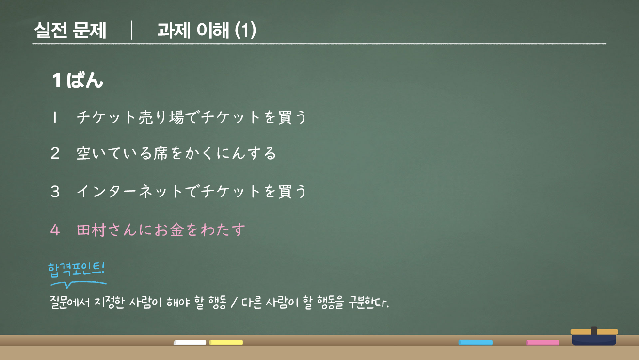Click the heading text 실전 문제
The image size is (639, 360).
pyautogui.click(x=70, y=31)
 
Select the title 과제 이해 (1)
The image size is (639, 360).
pyautogui.click(x=207, y=31)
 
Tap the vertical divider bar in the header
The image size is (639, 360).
pyautogui.click(x=131, y=31)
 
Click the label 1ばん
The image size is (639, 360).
pyautogui.click(x=78, y=81)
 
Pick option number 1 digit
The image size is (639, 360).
pyautogui.click(x=55, y=117)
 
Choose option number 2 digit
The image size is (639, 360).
pyautogui.click(x=55, y=154)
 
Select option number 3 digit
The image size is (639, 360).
pyautogui.click(x=55, y=192)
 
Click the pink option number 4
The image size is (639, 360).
pyautogui.click(x=55, y=229)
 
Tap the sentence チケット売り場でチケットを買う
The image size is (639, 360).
pyautogui.click(x=192, y=117)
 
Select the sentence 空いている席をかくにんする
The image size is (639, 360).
pyautogui.click(x=176, y=154)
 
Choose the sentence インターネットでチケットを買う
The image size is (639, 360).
pyautogui.click(x=192, y=192)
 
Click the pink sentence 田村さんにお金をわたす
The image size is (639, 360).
pyautogui.click(x=161, y=229)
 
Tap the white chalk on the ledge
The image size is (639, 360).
pyautogui.click(x=190, y=343)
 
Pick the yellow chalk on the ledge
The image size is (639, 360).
pyautogui.click(x=226, y=343)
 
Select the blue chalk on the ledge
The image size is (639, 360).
pyautogui.click(x=476, y=343)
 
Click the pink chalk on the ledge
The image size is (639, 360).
pyautogui.click(x=543, y=343)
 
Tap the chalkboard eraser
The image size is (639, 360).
pyautogui.click(x=594, y=337)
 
